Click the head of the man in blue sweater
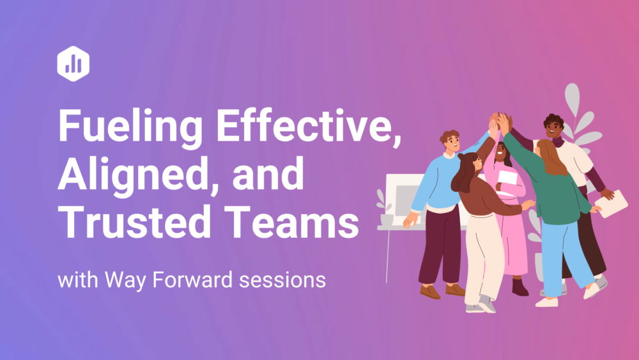(450, 141)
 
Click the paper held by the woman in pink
(507, 182)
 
